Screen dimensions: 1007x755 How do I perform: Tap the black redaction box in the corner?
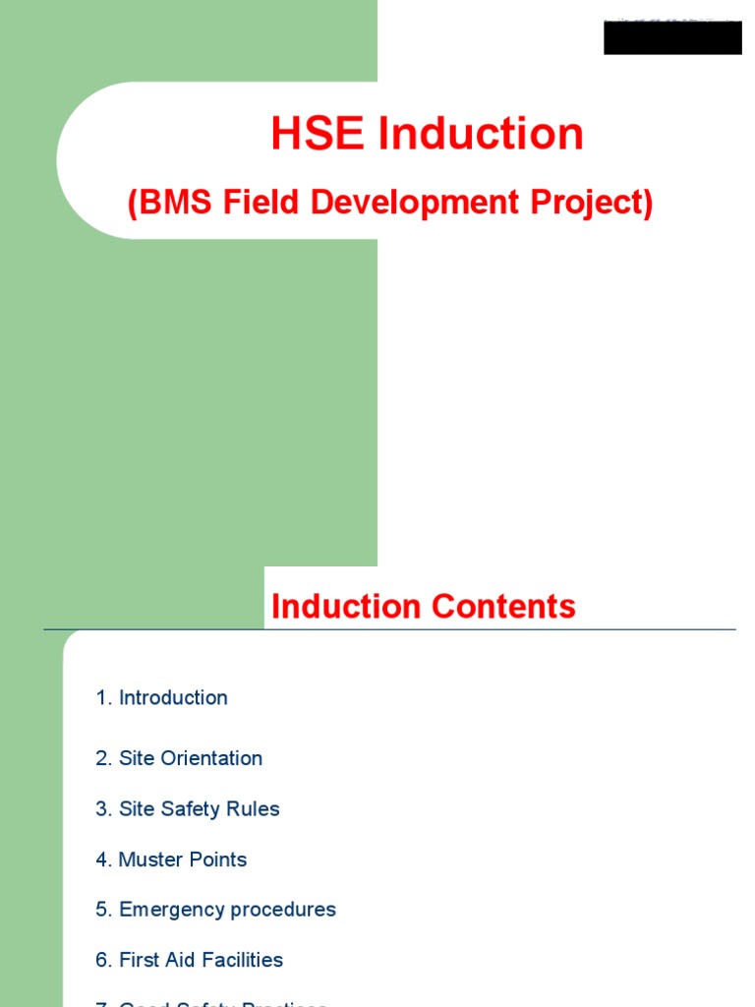tap(672, 38)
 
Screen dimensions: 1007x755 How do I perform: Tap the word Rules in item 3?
tap(254, 809)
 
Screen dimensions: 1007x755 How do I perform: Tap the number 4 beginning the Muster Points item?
tap(101, 859)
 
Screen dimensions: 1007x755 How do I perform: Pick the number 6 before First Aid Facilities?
tap(101, 960)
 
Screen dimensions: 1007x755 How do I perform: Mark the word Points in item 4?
tap(216, 859)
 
